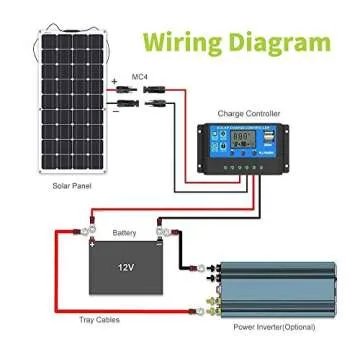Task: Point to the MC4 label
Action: pos(141,77)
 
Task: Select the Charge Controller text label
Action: pos(247,115)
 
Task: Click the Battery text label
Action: pos(124,232)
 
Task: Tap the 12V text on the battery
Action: pos(124,267)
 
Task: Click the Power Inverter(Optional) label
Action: pos(274,327)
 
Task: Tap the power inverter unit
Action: pos(280,287)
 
